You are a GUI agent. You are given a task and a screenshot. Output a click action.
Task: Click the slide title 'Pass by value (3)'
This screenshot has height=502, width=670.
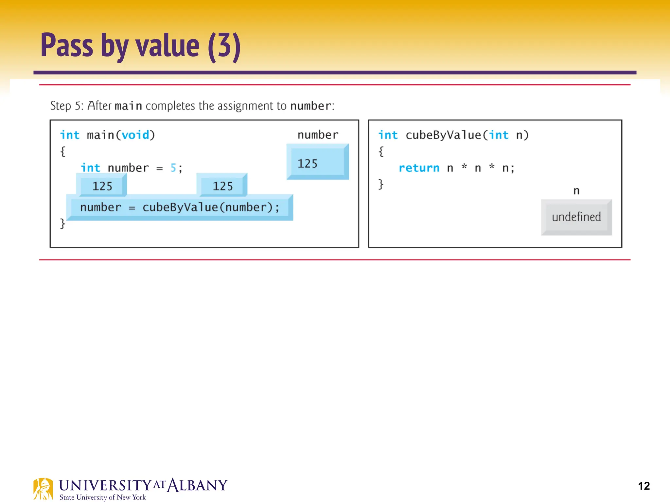141,46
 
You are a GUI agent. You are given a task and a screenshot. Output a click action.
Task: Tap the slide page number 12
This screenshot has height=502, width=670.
644,486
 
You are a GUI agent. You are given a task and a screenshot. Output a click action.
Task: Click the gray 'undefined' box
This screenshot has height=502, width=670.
576,217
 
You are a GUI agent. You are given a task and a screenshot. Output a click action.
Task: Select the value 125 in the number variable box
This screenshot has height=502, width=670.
308,163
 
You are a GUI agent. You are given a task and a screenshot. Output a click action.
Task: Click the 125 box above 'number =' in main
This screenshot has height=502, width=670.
102,186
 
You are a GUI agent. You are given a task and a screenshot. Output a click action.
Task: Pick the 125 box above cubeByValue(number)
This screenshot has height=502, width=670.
222,186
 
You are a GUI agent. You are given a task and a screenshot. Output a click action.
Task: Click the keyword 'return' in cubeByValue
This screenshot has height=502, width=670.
419,168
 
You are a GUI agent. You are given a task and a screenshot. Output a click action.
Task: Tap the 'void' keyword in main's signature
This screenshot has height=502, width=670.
135,135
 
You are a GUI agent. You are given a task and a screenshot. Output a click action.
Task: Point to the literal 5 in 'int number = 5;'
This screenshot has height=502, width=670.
173,168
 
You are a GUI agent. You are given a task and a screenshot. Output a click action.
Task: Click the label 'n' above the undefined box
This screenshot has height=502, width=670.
576,191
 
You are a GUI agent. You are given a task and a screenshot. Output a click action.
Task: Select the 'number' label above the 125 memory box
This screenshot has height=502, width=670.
318,135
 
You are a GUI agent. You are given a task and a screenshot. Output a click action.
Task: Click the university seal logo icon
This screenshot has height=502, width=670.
43,489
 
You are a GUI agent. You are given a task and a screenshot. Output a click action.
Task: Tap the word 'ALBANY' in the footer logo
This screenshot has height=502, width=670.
197,485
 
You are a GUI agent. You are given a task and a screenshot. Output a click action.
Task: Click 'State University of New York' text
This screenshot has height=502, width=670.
102,497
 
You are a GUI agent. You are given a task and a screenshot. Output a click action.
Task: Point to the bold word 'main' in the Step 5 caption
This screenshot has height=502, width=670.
128,106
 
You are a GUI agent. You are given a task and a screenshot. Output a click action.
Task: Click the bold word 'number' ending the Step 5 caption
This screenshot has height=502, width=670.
311,106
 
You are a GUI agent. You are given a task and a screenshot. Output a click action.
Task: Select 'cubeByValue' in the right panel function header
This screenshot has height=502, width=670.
443,135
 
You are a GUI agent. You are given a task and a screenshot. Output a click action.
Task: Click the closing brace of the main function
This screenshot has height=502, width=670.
62,224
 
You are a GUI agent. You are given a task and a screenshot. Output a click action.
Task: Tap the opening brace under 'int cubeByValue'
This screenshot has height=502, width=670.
381,152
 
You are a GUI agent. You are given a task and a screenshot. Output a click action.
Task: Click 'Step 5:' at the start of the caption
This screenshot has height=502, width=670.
67,106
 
